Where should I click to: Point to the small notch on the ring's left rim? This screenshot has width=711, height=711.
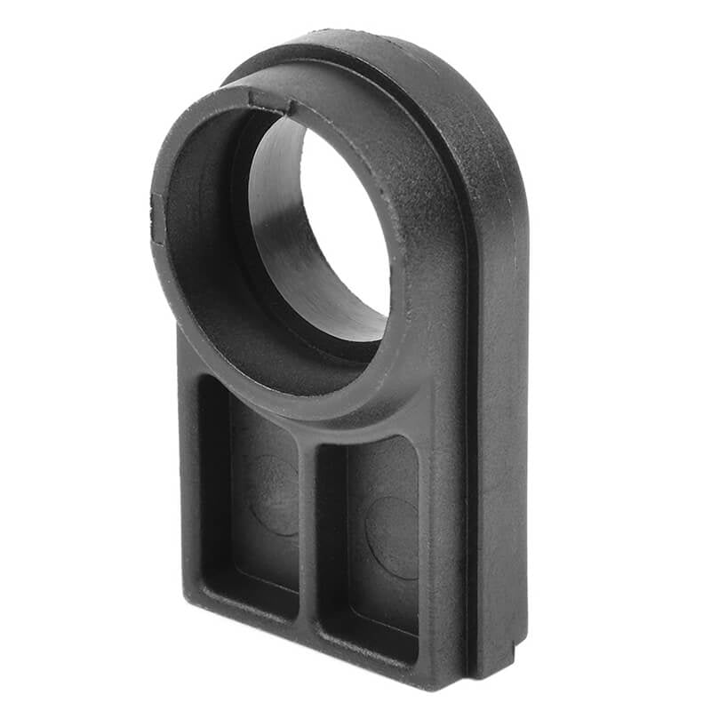pos(157,219)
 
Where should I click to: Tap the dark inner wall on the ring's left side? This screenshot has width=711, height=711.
pos(200,249)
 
